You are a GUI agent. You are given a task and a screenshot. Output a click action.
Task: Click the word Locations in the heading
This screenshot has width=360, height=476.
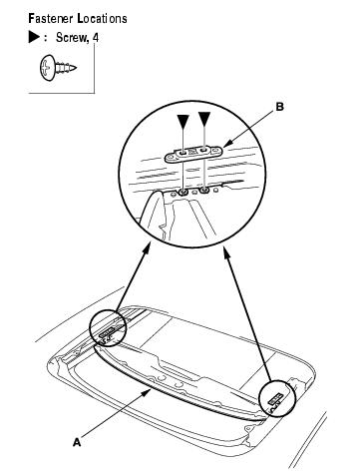[102, 18]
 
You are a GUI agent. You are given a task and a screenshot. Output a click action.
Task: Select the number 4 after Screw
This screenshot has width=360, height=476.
[96, 37]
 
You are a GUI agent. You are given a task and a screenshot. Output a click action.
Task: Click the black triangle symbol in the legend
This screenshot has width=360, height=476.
[34, 37]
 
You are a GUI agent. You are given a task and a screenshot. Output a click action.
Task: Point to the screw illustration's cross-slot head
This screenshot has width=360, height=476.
[47, 68]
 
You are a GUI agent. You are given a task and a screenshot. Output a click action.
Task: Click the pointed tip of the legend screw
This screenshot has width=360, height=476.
[75, 68]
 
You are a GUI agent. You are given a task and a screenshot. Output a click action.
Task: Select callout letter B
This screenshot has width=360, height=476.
[280, 107]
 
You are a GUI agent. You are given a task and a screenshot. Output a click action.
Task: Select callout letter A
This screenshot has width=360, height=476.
[77, 442]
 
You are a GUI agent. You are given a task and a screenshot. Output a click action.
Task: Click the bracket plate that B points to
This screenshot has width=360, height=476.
[193, 154]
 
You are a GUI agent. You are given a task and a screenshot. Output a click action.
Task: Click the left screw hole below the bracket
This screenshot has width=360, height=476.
[182, 192]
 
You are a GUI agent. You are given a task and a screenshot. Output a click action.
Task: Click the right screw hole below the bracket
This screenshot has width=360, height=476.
[204, 190]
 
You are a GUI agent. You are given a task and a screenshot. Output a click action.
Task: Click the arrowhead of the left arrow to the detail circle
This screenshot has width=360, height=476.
[147, 246]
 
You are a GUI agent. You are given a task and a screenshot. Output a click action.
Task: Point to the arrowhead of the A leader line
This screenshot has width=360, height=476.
[146, 394]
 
